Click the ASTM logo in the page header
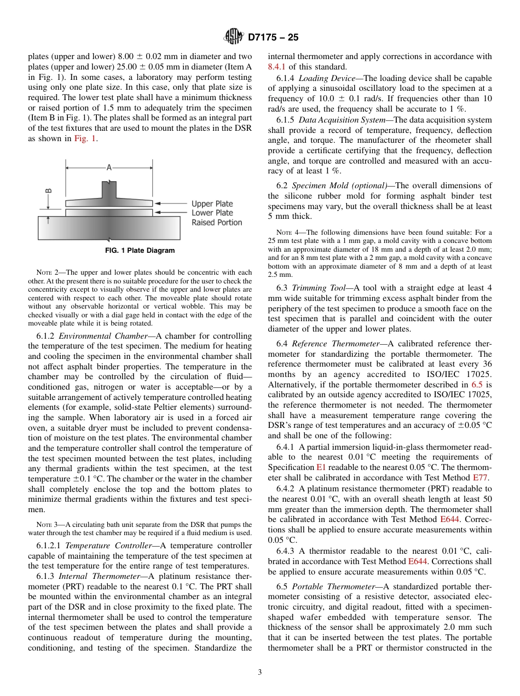tap(234, 37)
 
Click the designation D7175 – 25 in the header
tap(273, 38)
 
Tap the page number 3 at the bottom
tap(260, 672)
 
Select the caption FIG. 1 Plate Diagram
tap(140, 251)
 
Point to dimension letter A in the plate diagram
tap(109, 169)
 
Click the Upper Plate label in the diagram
tap(212, 204)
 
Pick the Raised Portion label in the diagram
tap(216, 222)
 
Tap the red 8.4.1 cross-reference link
tap(277, 66)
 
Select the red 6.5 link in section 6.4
tap(478, 385)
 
